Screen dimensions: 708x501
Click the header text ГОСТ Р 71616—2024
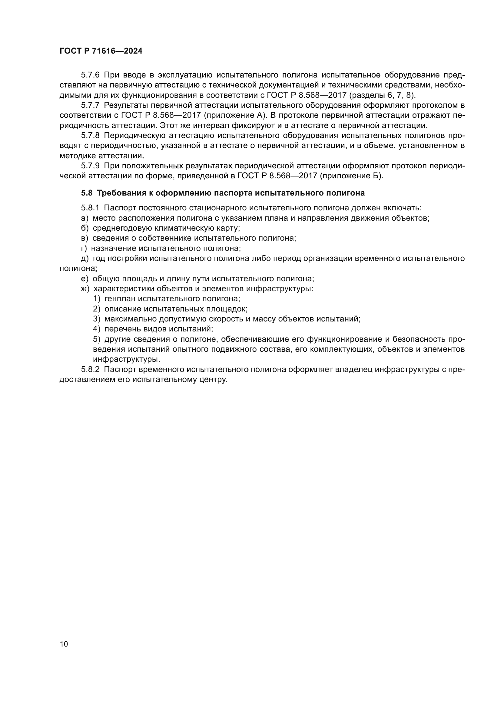[x=101, y=51]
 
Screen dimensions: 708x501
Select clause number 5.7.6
[x=90, y=75]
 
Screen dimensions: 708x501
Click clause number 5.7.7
[x=90, y=105]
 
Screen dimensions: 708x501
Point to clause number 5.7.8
[x=90, y=135]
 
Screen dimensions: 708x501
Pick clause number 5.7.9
[x=90, y=166]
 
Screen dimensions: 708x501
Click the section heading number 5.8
[x=87, y=193]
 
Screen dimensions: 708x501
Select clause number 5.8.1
[x=90, y=208]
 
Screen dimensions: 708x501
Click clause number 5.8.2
[x=90, y=369]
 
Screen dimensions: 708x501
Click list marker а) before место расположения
[x=85, y=218]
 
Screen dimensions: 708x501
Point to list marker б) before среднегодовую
[x=85, y=228]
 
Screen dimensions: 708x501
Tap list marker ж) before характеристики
[x=85, y=289]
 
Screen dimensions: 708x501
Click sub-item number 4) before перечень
[x=97, y=329]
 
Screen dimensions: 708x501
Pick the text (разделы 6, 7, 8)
[x=383, y=95]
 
